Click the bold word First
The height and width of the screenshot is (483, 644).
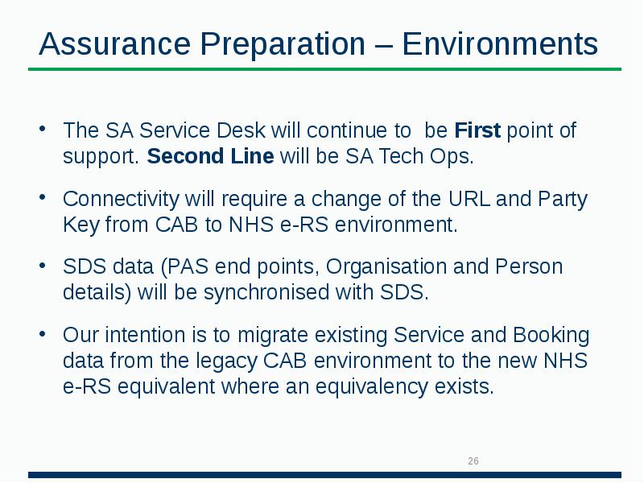pos(477,130)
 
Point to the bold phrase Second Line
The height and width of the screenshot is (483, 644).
pos(210,156)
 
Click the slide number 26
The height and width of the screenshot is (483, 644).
pos(473,461)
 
